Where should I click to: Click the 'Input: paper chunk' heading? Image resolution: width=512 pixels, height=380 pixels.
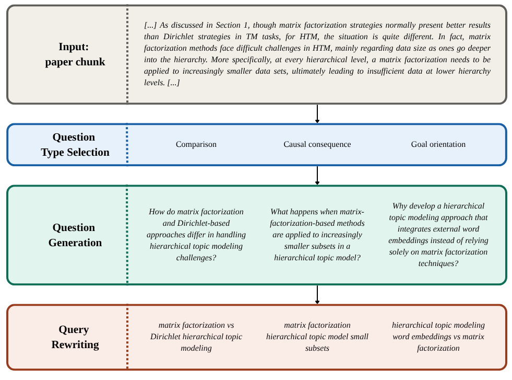pos(75,54)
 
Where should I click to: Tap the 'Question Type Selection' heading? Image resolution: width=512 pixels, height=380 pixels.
pos(75,145)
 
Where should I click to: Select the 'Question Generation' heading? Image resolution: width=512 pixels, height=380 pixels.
pos(75,235)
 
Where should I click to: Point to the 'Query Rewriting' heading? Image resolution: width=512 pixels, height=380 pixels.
pos(75,337)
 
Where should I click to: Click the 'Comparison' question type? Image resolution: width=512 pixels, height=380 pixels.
pos(196,144)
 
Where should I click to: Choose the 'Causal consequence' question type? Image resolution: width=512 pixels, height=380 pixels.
pos(317,144)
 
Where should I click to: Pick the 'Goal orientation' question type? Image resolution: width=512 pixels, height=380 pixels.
pos(438,144)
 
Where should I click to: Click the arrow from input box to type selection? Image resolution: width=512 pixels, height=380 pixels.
pos(317,114)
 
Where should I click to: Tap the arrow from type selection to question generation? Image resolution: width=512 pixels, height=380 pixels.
pos(317,175)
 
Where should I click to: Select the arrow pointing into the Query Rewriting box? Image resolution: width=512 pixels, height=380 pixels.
pos(317,295)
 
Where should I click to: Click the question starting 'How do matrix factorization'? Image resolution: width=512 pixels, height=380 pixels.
pos(196,235)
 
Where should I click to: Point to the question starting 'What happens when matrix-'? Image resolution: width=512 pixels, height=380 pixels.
pos(317,235)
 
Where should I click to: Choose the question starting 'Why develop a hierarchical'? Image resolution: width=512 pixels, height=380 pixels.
pos(438,235)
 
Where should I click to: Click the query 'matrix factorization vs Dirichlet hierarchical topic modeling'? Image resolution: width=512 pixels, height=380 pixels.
pos(196,337)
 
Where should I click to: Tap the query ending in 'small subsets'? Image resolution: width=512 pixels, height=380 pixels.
pos(317,337)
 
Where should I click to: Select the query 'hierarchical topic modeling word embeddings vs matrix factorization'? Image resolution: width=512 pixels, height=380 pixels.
pos(438,337)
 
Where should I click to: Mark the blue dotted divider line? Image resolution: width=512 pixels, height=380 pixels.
pos(127,145)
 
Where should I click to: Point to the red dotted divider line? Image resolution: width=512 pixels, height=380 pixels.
pos(127,337)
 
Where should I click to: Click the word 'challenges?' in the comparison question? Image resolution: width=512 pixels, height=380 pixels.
pos(196,258)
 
